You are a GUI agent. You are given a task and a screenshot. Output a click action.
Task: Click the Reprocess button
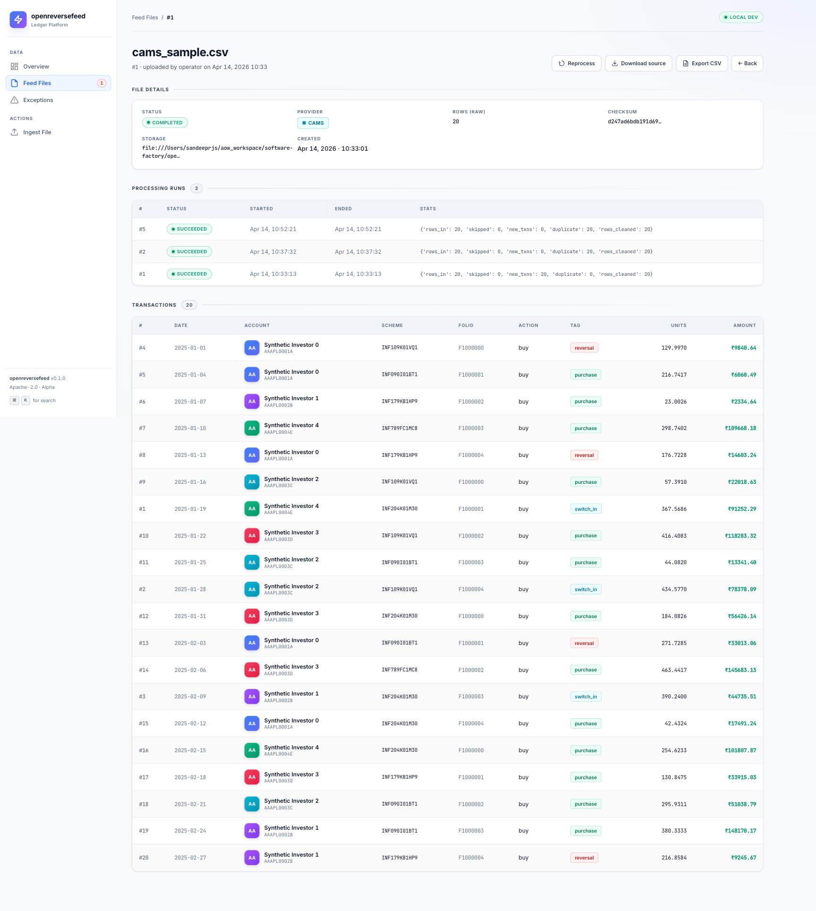tap(576, 63)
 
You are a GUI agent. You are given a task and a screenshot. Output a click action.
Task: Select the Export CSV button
tap(702, 63)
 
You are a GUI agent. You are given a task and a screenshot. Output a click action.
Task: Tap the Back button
tap(747, 63)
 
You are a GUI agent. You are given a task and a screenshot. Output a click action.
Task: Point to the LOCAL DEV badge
tap(741, 17)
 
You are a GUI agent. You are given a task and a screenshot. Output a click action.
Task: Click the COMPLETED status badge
tap(165, 123)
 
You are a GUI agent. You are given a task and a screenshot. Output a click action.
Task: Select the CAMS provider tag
tap(313, 123)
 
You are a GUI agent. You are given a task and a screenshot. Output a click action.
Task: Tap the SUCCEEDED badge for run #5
tap(189, 229)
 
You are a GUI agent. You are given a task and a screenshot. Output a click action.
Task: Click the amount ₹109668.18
tap(740, 429)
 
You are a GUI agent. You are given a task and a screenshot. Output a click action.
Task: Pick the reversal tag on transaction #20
tap(584, 858)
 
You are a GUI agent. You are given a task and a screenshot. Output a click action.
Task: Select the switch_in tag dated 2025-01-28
tap(586, 590)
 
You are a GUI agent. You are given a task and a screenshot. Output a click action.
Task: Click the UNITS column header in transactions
tap(679, 326)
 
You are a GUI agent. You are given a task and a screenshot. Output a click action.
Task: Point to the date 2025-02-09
tap(190, 697)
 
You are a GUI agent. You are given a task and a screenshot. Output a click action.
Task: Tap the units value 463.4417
tap(674, 670)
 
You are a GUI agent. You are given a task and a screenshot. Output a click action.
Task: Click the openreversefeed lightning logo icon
tap(18, 19)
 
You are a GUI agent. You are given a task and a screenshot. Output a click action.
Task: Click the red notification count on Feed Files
tap(102, 83)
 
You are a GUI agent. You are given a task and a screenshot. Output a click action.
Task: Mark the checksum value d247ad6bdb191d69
tap(634, 122)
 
